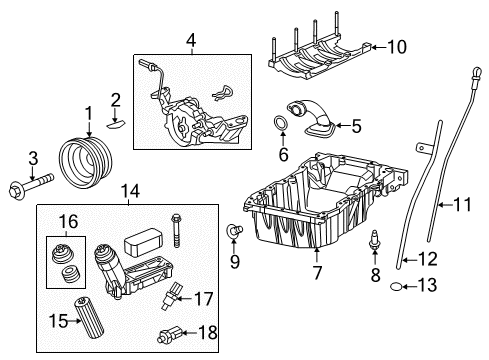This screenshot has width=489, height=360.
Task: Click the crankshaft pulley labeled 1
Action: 81,161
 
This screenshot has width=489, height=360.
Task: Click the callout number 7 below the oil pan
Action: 315,271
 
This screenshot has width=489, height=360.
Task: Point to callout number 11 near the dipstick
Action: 460,206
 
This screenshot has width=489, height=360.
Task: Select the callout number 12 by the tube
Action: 429,260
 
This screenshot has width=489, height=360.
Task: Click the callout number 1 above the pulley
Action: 88,114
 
